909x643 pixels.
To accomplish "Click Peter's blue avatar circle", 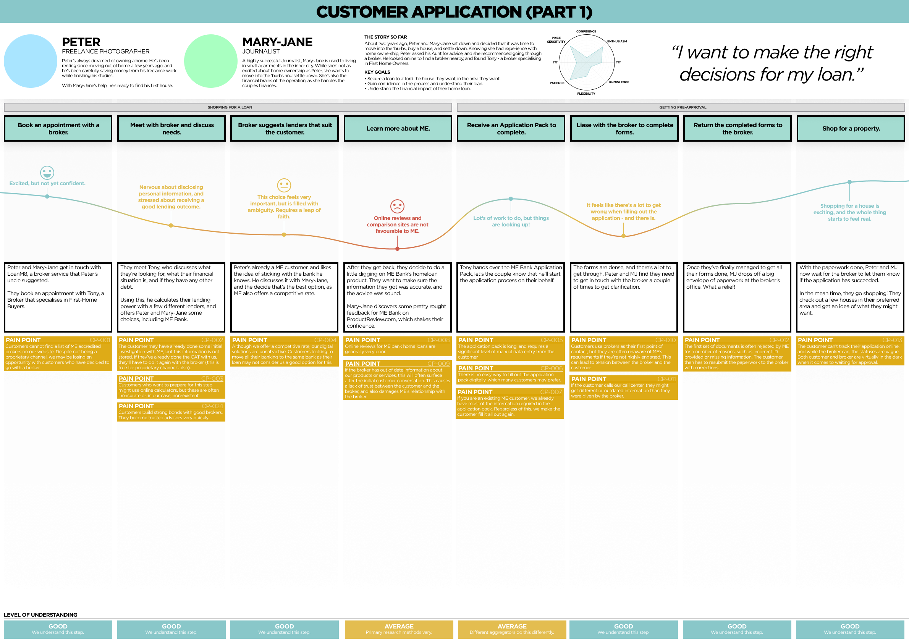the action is click(31, 61).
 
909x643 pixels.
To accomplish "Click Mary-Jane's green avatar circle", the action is click(211, 61).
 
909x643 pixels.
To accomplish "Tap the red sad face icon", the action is click(397, 206).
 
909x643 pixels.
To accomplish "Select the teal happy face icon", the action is click(47, 173).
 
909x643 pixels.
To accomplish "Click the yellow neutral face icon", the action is click(284, 185).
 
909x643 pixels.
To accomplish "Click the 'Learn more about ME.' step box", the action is click(398, 128).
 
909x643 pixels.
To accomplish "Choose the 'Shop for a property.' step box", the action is click(851, 128).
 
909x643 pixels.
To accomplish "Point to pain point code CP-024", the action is click(212, 406).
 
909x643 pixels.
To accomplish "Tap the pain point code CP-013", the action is click(892, 340).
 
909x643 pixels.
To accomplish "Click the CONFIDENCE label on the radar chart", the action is click(586, 31).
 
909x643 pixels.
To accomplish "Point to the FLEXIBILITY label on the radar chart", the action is click(586, 94).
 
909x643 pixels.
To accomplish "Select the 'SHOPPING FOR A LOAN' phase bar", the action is click(228, 107).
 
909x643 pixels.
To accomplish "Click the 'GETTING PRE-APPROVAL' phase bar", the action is click(681, 107).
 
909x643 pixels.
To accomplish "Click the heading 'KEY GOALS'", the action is click(377, 72).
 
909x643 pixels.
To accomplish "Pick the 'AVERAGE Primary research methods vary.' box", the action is click(398, 629).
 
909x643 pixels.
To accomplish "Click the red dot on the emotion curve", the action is click(397, 249).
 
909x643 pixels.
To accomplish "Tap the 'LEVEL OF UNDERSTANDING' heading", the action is click(40, 615).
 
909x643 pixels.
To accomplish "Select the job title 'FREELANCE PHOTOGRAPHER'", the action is click(106, 52).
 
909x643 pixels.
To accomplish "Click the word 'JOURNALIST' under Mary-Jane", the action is click(260, 52).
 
